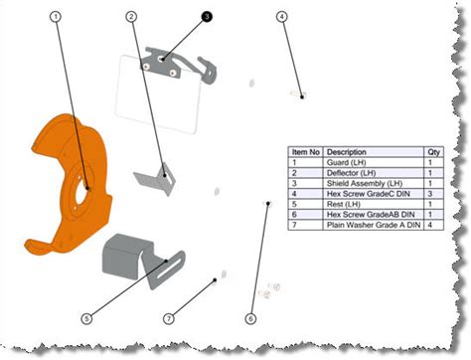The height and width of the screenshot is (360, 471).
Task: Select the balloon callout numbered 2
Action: point(131,17)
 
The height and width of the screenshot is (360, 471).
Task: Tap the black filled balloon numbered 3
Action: point(207,17)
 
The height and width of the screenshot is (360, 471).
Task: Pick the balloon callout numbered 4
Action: point(282,17)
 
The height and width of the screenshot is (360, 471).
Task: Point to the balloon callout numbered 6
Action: point(249,318)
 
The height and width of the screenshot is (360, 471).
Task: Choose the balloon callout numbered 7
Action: point(169,318)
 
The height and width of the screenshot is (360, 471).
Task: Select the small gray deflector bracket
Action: point(154,181)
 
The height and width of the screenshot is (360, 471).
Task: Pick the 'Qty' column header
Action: point(433,152)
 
